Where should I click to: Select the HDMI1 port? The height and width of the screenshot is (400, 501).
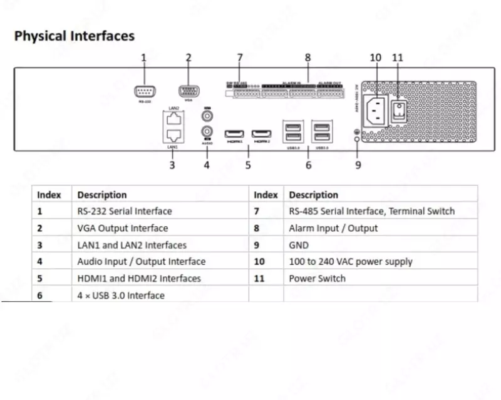[234, 134]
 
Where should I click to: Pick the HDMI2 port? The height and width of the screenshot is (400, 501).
[262, 134]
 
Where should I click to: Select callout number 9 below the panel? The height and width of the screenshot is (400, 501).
[358, 165]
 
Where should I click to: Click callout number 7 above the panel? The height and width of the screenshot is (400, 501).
[239, 57]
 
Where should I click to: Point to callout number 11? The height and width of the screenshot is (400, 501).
[398, 57]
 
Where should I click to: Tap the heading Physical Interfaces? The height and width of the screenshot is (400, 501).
[75, 36]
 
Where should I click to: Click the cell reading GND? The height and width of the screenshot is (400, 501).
[299, 245]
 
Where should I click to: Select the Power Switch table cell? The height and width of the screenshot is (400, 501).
[317, 278]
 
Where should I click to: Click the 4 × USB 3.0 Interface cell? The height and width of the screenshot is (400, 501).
[121, 295]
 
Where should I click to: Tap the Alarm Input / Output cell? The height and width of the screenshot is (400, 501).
[333, 228]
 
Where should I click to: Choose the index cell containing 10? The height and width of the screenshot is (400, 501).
[260, 262]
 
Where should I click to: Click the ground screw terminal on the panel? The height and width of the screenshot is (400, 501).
[357, 139]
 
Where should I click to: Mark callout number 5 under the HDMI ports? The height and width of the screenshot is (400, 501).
[248, 165]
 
